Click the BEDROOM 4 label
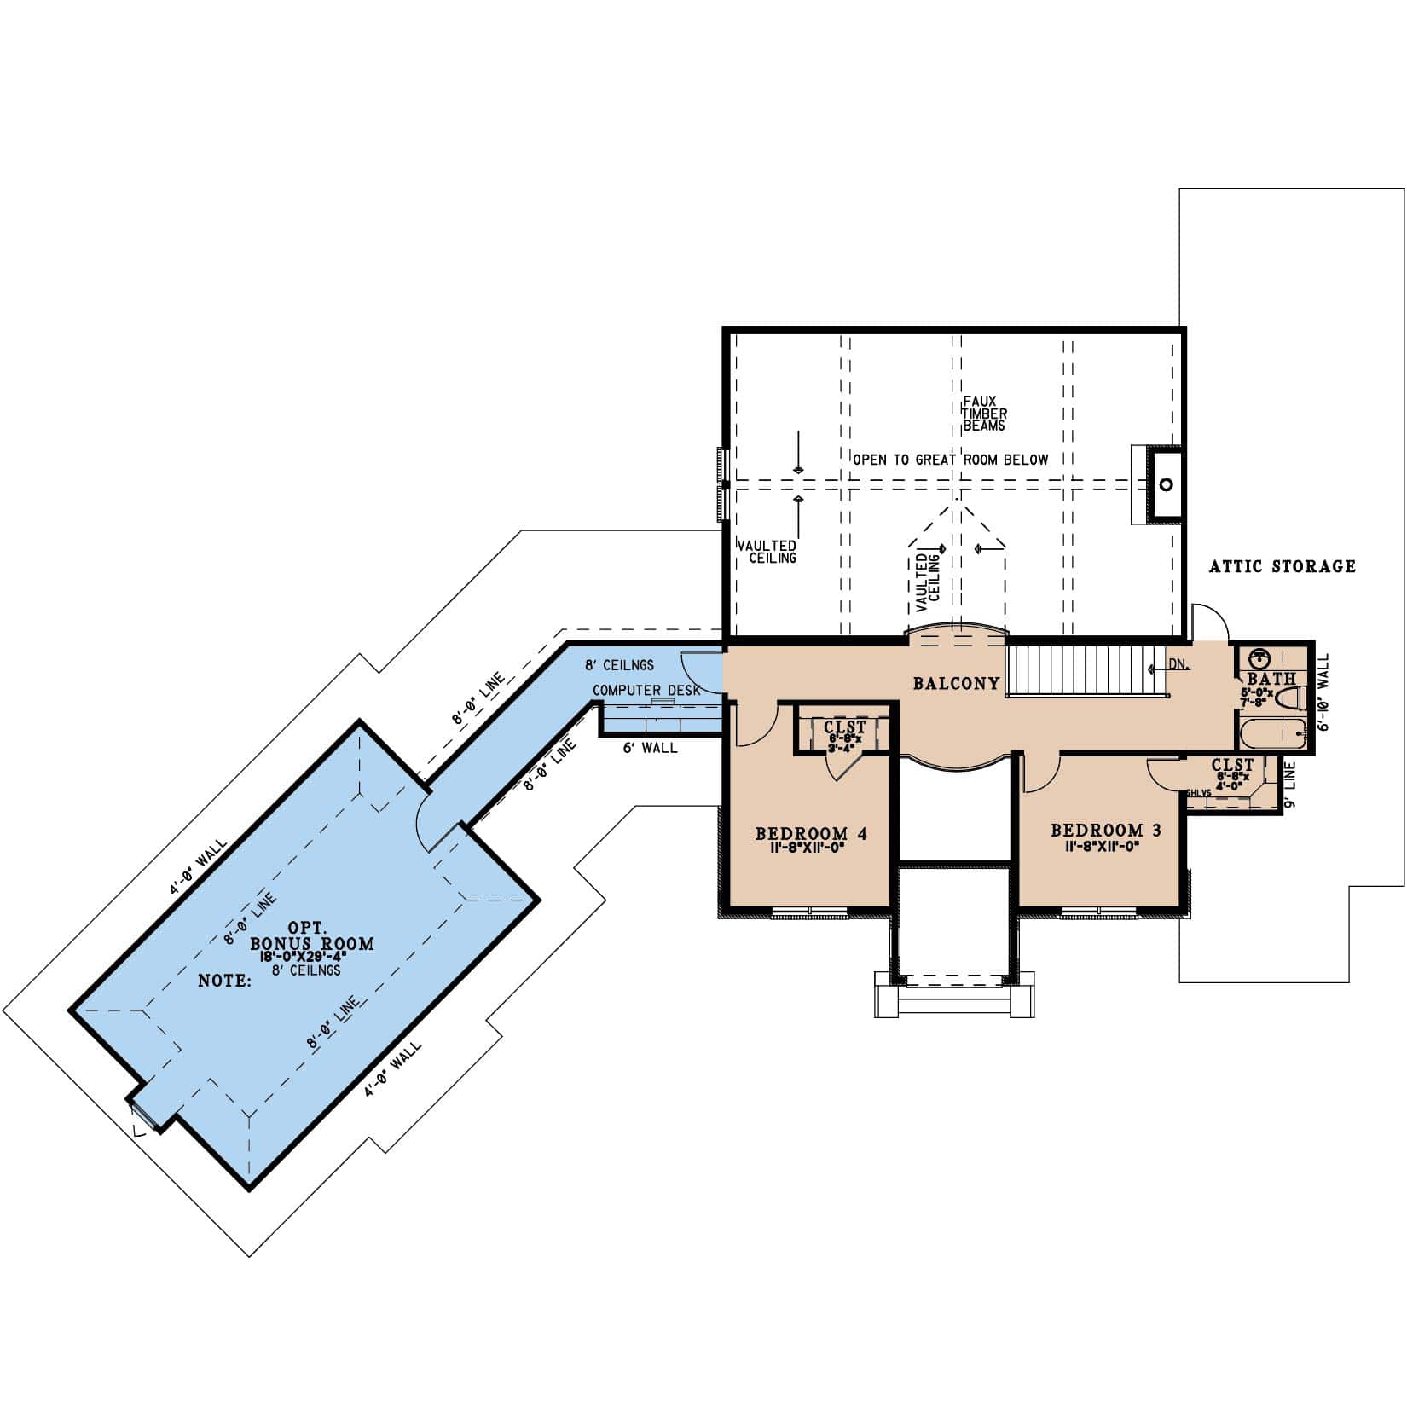coord(811,833)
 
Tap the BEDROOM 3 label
coord(1105,830)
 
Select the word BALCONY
coord(956,683)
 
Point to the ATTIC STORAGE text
coord(1283,566)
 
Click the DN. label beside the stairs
coord(1178,664)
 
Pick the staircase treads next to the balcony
coord(1074,671)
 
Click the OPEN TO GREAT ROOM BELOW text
coord(950,460)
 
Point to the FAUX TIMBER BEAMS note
coord(984,413)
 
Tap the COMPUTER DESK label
coord(646,690)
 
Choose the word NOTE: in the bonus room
coord(224,981)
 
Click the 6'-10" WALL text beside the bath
coord(1323,692)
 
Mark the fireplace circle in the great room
coord(1166,484)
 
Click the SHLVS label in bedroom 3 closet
coord(1198,793)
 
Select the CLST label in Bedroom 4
coord(844,727)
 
